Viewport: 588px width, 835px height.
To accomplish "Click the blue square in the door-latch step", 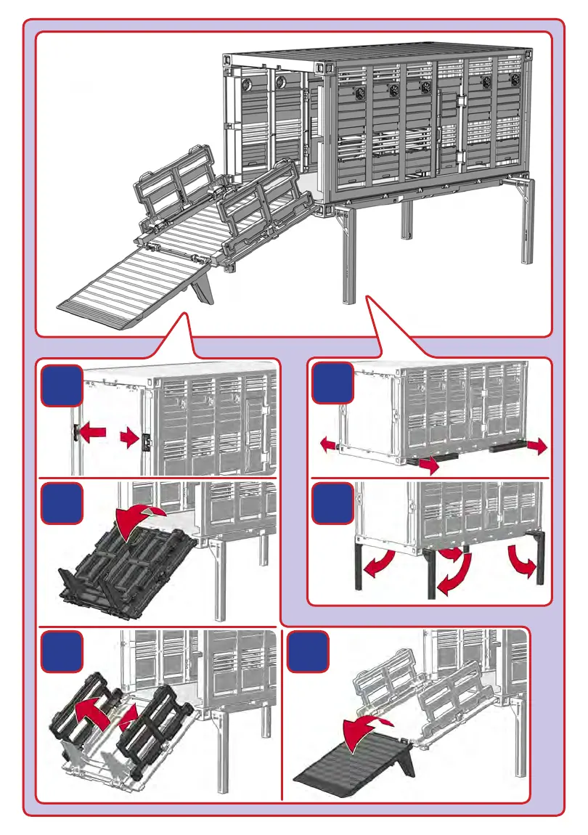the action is click(61, 385).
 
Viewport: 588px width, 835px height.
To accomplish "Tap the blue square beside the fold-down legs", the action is click(332, 503).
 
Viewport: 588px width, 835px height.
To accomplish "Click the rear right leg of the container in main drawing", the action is click(528, 221).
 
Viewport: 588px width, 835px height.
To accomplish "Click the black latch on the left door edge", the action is click(75, 432).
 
